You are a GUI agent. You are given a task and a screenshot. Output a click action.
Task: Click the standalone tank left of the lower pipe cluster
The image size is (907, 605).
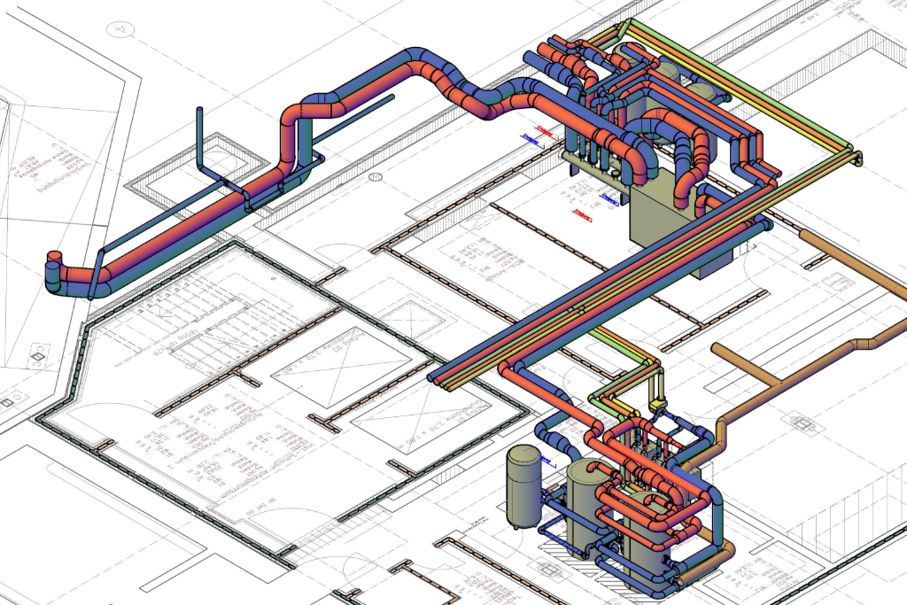[523, 485]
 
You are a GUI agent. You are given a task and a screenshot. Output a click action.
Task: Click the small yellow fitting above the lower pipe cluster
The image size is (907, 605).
[658, 406]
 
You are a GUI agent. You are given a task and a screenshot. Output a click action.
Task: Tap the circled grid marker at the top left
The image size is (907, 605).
[119, 29]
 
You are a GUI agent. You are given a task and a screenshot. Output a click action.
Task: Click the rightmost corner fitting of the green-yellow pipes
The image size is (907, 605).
[856, 158]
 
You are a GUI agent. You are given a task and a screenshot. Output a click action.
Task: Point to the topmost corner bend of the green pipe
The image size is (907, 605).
[629, 23]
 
